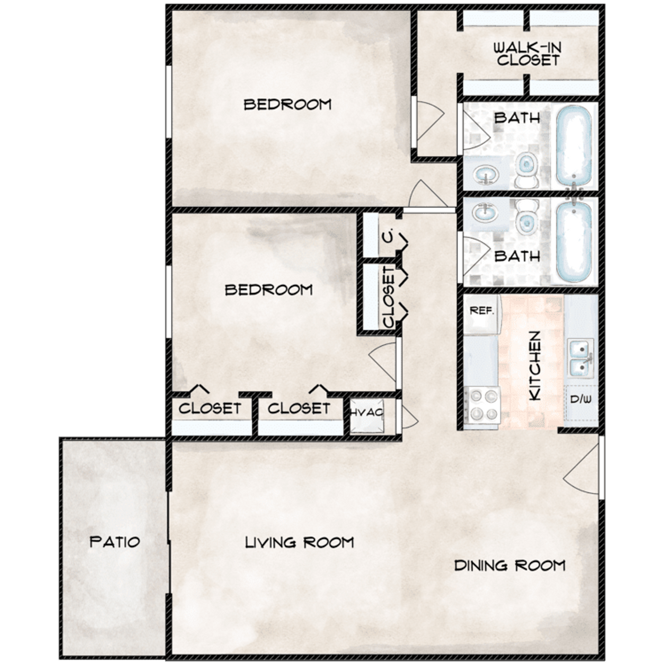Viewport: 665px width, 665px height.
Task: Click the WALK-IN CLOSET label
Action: click(x=527, y=54)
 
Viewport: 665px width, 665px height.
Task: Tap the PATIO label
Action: click(x=115, y=542)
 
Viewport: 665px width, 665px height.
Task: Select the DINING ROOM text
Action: click(x=509, y=566)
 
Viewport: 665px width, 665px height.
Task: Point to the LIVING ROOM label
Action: click(x=299, y=543)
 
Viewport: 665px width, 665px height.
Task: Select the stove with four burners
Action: click(x=482, y=405)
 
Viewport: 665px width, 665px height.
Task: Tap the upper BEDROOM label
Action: click(x=287, y=105)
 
